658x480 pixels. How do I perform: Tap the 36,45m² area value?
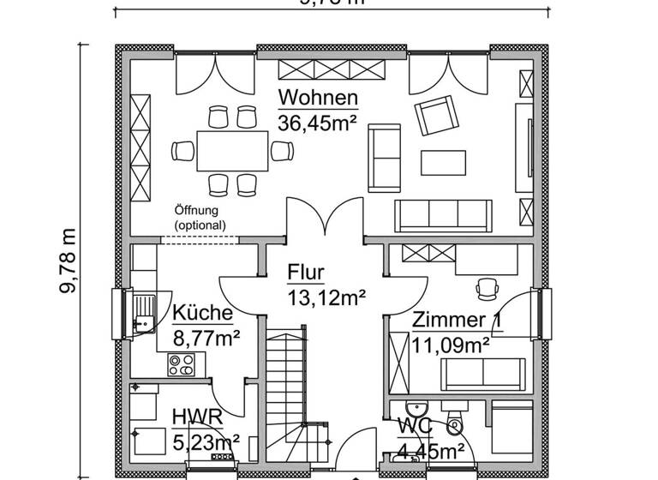[317, 123]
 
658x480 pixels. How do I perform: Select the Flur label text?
[306, 273]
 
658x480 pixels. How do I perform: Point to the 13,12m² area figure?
[326, 297]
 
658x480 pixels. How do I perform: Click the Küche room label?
[203, 313]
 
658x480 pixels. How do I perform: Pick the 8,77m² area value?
[206, 339]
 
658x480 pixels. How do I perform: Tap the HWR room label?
[197, 417]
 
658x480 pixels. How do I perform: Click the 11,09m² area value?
[451, 345]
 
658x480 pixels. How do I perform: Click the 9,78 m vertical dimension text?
[68, 261]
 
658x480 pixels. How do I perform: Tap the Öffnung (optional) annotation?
[200, 217]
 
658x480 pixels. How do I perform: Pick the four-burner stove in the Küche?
[181, 364]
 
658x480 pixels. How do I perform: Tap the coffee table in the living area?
[444, 161]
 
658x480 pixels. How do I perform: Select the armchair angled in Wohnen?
[436, 117]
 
